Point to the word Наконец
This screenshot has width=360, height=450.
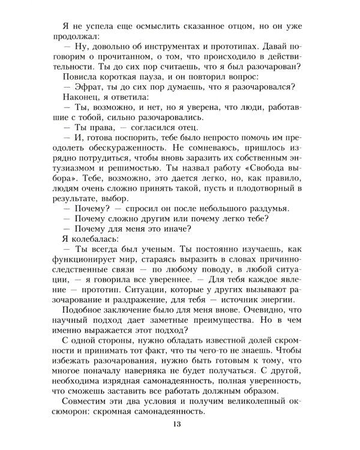click(x=82, y=98)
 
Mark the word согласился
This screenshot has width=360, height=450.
click(x=131, y=130)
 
